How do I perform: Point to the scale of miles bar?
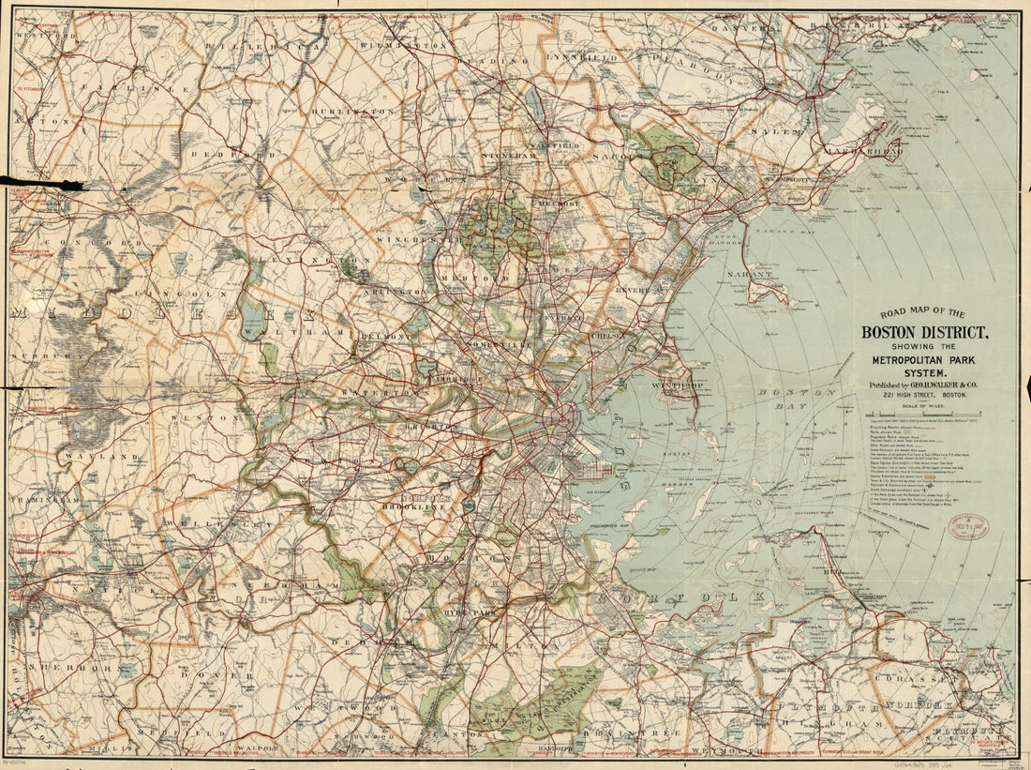[x=923, y=413]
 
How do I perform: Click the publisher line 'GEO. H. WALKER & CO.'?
[x=923, y=385]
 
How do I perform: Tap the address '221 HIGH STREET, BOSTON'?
[x=923, y=397]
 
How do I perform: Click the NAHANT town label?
[x=748, y=275]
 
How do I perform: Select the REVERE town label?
[x=634, y=291]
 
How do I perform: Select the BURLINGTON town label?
[x=359, y=110]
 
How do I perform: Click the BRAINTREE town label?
[x=616, y=732]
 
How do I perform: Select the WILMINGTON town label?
[x=403, y=45]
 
